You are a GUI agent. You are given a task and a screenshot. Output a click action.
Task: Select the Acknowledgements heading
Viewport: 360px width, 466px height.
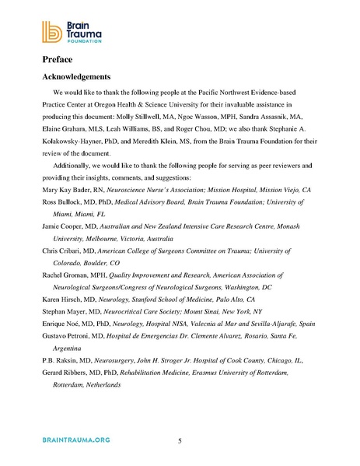83,77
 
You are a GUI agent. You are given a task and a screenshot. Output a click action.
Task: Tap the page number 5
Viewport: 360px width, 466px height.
180,443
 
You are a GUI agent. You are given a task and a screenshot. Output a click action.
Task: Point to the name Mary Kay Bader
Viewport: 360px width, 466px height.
68,190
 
